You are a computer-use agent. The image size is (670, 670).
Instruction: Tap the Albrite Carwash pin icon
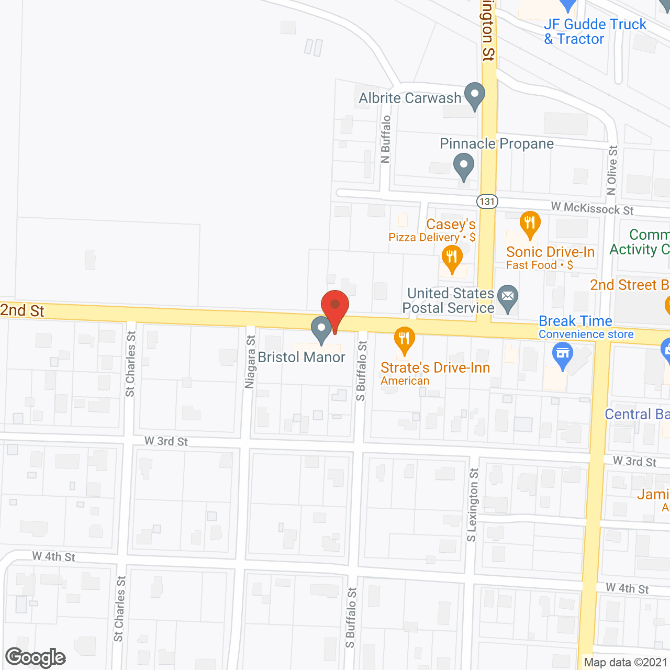point(474,96)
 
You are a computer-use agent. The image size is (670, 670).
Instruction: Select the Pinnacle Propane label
point(496,143)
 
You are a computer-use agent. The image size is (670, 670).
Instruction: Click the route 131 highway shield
point(487,202)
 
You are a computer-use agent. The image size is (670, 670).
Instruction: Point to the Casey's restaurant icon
point(451,258)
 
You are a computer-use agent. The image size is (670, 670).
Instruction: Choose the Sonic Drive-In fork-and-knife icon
point(530,223)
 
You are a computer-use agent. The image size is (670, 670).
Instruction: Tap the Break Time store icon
point(563,354)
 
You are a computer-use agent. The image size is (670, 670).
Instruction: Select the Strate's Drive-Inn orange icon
point(404,339)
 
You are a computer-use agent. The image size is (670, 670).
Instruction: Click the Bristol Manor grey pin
point(321,329)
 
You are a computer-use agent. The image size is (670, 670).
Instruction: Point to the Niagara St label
point(250,362)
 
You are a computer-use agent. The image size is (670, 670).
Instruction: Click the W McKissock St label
point(592,209)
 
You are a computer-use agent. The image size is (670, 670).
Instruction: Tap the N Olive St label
point(612,171)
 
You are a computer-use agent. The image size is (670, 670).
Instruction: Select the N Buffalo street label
point(386,139)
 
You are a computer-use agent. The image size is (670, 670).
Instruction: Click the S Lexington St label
point(472,505)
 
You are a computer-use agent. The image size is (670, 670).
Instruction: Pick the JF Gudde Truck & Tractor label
point(595,31)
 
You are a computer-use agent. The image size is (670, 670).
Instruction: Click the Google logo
point(36,657)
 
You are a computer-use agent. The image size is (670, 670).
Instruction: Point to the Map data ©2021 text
point(626,663)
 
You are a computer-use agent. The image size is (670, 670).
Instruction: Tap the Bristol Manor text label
point(301,358)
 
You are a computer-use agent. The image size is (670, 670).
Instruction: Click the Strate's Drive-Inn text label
point(435,368)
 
